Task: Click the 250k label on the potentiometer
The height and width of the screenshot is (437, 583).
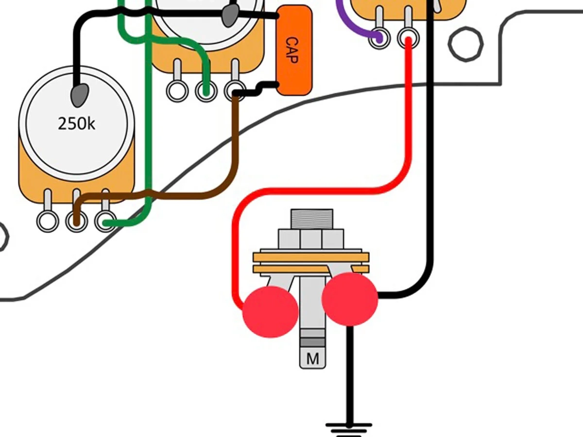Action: click(77, 124)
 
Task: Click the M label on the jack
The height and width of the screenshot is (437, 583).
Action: click(312, 359)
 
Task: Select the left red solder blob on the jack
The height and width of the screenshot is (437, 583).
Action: click(270, 312)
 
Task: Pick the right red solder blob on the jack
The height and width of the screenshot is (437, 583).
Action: click(349, 299)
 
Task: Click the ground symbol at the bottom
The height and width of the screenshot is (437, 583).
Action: click(349, 429)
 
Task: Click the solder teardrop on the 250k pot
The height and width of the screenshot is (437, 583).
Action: click(80, 95)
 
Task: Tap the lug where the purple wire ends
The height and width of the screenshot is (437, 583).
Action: click(379, 37)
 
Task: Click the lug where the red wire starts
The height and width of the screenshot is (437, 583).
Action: click(409, 38)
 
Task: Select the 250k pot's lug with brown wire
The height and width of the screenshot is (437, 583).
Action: click(76, 221)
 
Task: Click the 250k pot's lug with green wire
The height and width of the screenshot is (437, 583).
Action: click(105, 222)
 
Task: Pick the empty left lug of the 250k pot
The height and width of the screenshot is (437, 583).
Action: click(48, 221)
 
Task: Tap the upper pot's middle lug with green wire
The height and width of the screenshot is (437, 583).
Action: click(206, 90)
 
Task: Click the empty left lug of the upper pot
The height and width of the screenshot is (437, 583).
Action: click(177, 90)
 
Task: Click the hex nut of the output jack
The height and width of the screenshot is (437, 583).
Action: click(311, 239)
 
